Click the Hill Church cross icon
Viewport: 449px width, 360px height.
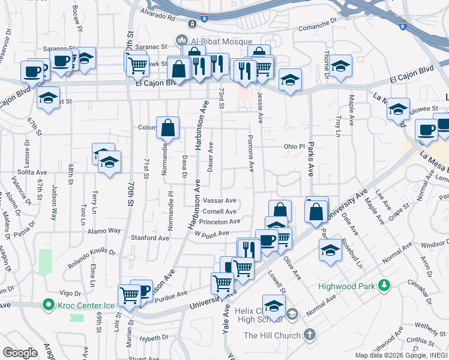(x=309, y=334)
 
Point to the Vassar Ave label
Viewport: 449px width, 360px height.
(x=219, y=200)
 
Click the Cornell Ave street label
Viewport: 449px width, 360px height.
(x=219, y=211)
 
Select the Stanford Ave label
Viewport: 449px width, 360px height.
(x=150, y=238)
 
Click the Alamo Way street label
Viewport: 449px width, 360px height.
(x=104, y=230)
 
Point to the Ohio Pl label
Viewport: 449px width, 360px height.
(x=295, y=146)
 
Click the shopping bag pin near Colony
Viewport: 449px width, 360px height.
(x=168, y=127)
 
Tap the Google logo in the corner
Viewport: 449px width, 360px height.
(x=20, y=353)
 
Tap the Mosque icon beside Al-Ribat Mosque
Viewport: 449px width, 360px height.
(x=181, y=40)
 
